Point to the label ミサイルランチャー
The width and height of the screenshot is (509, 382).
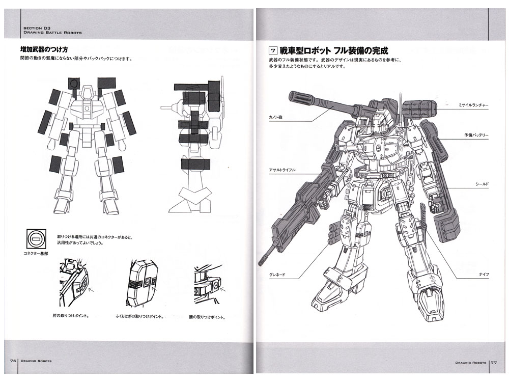473,105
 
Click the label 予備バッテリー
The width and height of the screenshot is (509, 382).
476,135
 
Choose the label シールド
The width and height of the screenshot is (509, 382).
481,184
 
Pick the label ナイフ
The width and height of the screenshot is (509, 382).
484,275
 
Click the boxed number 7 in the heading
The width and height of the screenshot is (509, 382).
273,51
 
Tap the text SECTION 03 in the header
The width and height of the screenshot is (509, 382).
36,28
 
